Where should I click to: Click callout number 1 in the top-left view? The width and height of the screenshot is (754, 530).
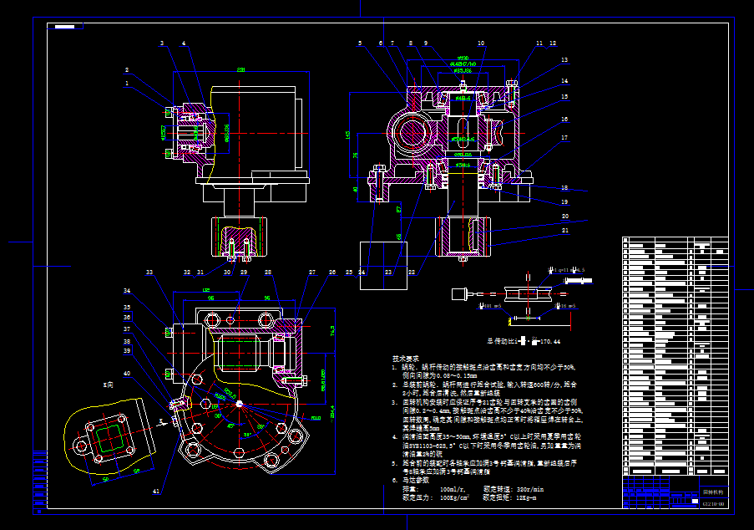click(127, 84)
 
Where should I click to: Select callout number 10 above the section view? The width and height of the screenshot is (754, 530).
click(481, 43)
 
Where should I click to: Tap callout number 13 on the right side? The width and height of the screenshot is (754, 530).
click(564, 61)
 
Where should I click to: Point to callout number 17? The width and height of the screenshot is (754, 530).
click(564, 138)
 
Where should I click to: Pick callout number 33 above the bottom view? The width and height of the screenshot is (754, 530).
click(149, 273)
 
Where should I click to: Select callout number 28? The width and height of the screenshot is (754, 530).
click(268, 273)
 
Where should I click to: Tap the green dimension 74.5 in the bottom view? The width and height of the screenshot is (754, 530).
click(331, 332)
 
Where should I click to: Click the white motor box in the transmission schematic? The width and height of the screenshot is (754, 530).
click(458, 293)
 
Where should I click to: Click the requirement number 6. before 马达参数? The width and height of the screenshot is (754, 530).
click(395, 481)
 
